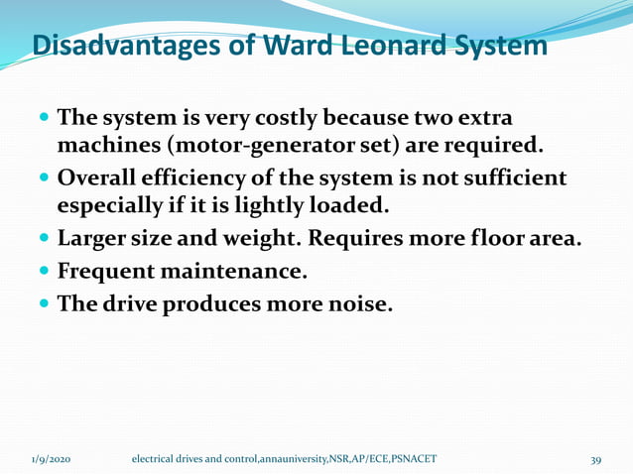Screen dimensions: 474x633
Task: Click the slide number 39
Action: pyautogui.click(x=596, y=459)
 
